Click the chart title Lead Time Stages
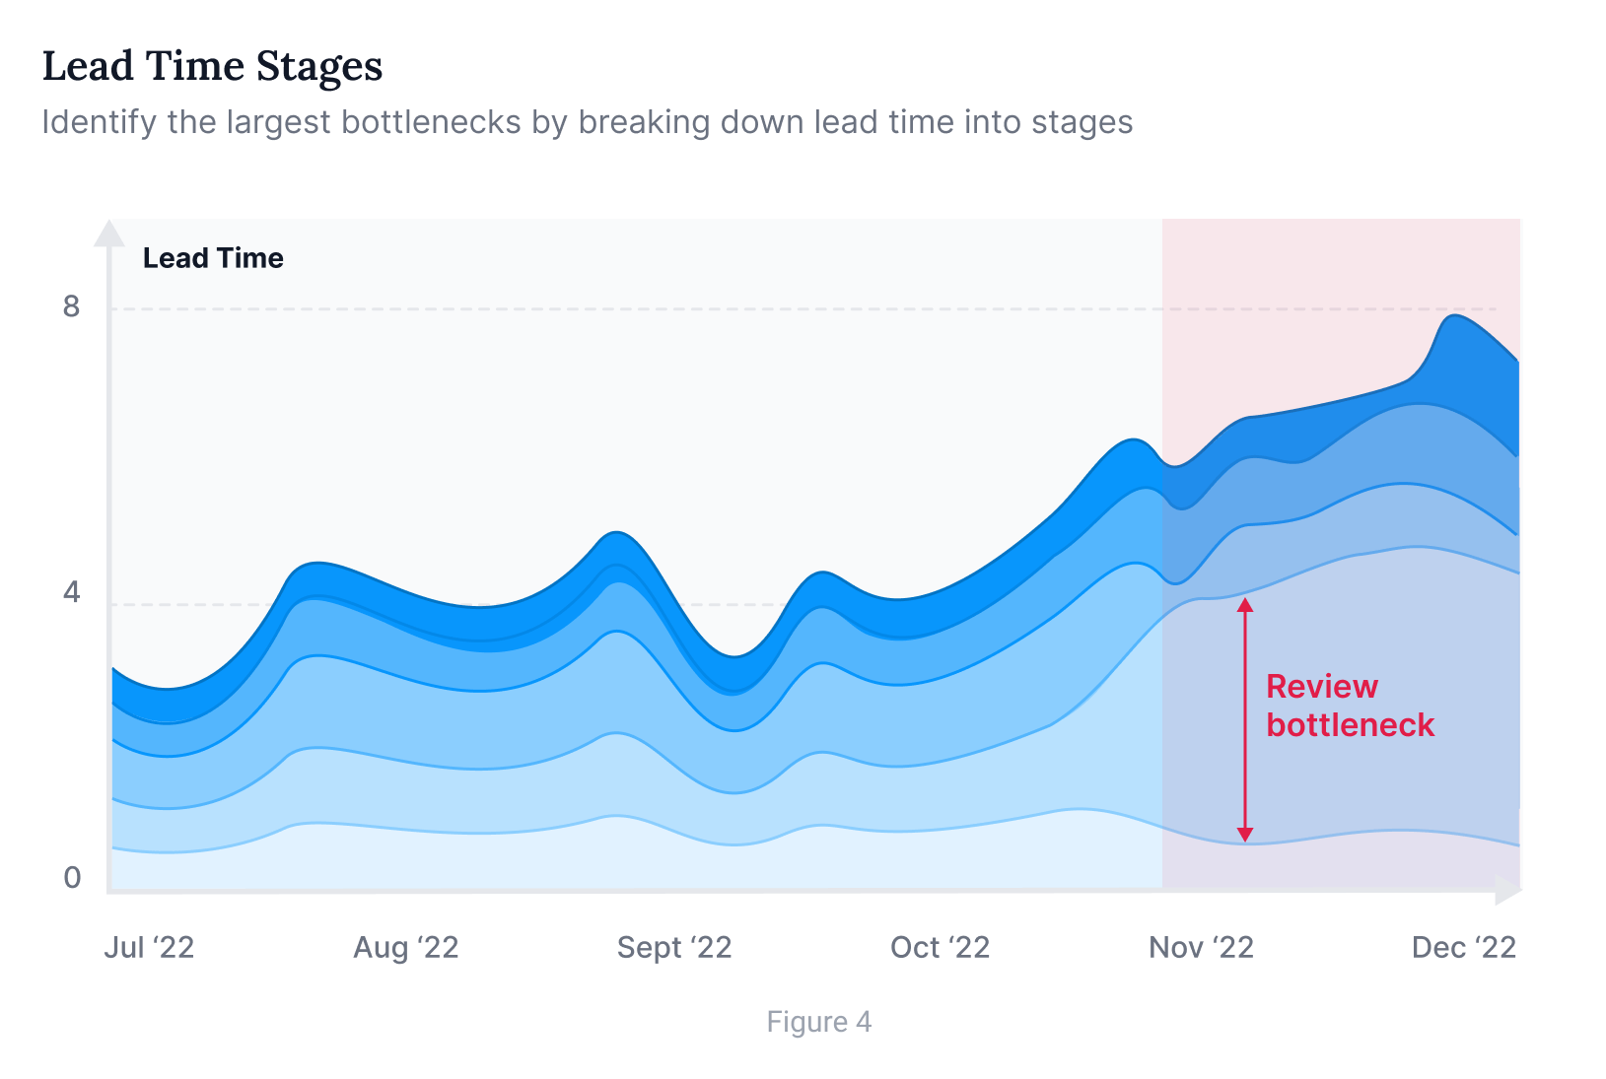click(212, 67)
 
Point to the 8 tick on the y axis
click(71, 306)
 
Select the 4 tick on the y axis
click(71, 592)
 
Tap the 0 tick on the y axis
click(72, 878)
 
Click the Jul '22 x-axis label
click(149, 948)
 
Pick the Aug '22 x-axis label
click(406, 948)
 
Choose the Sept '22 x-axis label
click(674, 948)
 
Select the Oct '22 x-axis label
click(940, 948)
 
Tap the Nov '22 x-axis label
click(1201, 948)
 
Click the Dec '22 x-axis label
click(1464, 948)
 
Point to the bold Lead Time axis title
click(213, 258)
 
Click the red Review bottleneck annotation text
click(1349, 706)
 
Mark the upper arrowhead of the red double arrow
click(1245, 604)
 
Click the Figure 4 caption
click(819, 1022)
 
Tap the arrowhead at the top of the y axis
click(108, 233)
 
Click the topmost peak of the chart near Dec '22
click(1454, 315)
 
